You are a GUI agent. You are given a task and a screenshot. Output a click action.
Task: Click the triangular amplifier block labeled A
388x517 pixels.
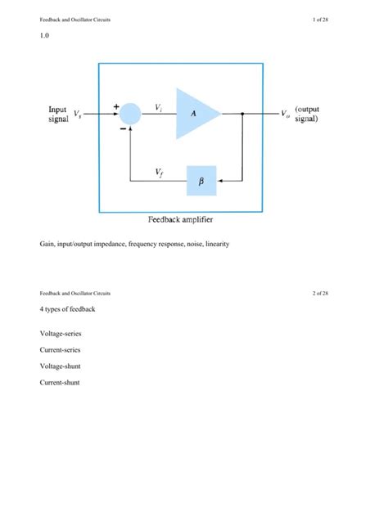(195, 114)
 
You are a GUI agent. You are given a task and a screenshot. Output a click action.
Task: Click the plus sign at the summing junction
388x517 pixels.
(116, 106)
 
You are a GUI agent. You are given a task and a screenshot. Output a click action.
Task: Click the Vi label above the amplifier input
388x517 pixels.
(159, 106)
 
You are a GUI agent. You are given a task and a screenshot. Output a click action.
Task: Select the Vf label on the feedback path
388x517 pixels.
(159, 172)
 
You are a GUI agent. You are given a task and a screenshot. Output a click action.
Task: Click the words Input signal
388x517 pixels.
(57, 114)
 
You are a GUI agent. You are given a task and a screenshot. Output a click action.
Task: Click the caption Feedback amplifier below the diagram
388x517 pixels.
(181, 219)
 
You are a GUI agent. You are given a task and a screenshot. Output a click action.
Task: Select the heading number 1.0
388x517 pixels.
(44, 37)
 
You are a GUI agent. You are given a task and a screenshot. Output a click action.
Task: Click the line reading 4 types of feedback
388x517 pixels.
(67, 309)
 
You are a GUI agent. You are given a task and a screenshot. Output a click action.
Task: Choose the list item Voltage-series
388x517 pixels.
(60, 334)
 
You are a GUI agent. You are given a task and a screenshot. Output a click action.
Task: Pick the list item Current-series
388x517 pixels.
(60, 349)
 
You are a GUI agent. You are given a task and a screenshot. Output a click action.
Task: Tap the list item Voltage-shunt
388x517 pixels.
(60, 366)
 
